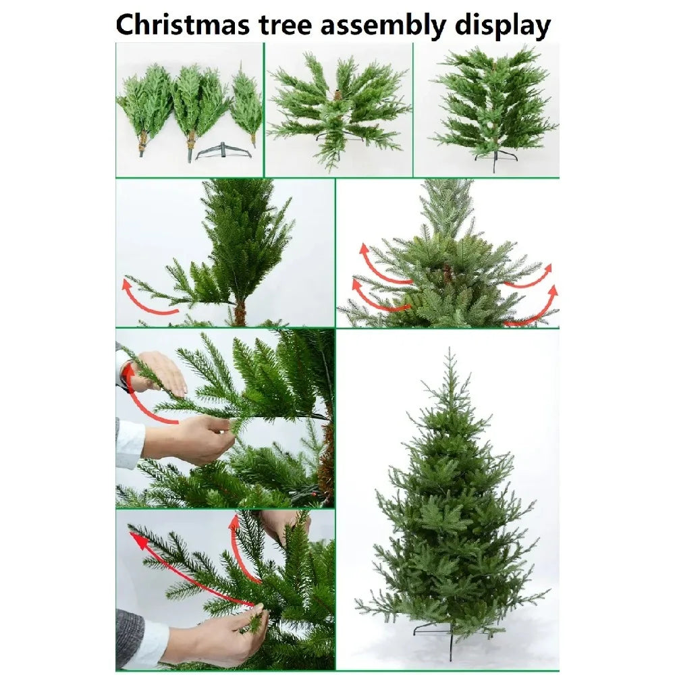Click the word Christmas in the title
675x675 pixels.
182,24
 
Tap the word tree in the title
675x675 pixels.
285,26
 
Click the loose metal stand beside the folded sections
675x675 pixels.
223,151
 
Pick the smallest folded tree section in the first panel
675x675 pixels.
246,105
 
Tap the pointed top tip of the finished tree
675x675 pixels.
450,349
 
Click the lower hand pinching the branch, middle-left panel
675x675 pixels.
190,439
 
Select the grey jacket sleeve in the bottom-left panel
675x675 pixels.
129,637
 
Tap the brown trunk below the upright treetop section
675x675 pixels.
240,312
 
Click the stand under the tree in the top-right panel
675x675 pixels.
495,159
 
